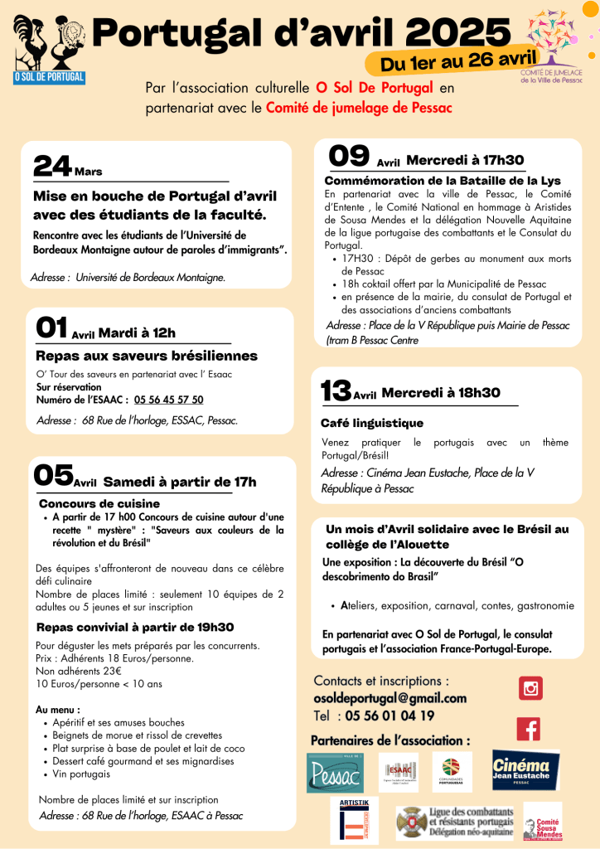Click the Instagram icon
point(530,688)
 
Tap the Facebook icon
point(529,729)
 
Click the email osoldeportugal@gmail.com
point(390,698)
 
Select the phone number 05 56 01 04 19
point(389,716)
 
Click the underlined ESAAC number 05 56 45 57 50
point(168,400)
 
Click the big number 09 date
point(349,156)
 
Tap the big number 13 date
point(336,391)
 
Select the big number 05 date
point(54,475)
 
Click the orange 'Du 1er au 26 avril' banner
point(458,60)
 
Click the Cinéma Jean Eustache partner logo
point(525,769)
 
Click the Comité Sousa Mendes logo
point(543,821)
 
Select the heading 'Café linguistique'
point(372,423)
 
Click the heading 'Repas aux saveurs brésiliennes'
point(147,356)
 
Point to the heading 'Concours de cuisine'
point(99,503)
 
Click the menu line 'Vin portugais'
point(80,774)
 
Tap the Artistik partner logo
point(354,820)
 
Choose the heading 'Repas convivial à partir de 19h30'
point(135,627)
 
